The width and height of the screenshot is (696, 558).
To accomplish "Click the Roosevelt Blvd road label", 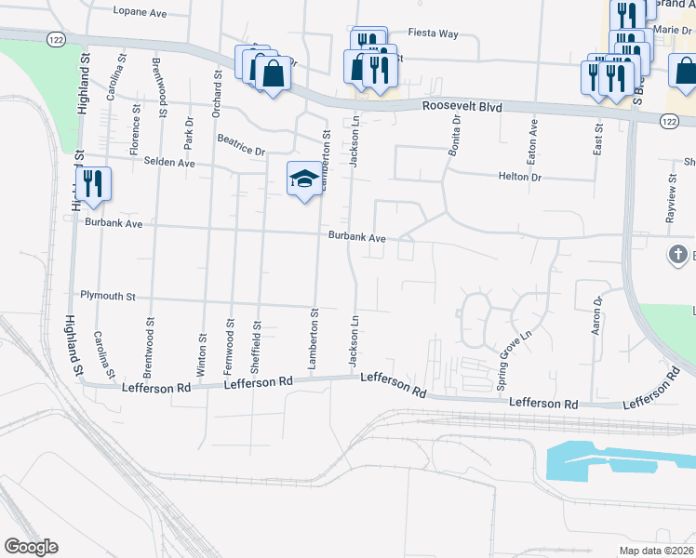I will (x=462, y=107).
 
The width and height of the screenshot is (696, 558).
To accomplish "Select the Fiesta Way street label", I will (x=435, y=33).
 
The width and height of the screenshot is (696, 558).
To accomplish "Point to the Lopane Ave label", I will (x=139, y=12).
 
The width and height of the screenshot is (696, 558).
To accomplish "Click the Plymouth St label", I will (x=108, y=297).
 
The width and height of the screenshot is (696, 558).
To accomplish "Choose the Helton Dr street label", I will (x=520, y=176).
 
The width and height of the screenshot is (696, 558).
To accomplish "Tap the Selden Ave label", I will (x=169, y=163).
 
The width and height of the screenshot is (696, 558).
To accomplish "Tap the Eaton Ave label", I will (x=533, y=137).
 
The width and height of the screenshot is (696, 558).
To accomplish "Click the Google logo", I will (x=31, y=546).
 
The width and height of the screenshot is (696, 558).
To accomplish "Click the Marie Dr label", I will (x=675, y=30).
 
